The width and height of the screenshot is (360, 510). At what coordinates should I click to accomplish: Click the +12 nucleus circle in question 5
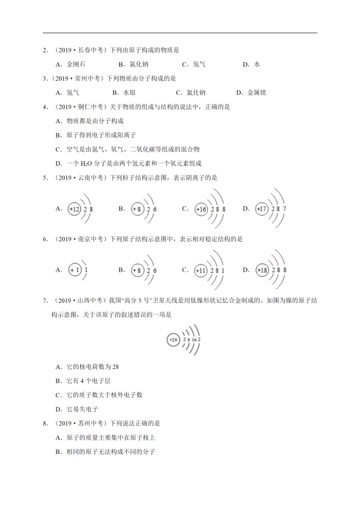(74, 209)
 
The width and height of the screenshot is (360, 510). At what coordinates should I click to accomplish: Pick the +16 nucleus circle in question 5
(201, 209)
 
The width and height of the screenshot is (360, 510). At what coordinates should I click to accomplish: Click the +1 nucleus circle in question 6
(74, 270)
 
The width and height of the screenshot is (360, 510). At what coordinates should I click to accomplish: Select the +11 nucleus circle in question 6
(200, 271)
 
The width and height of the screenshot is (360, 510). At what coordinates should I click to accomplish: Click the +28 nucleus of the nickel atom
(172, 340)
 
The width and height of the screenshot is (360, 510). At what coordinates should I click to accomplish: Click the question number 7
(45, 300)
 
